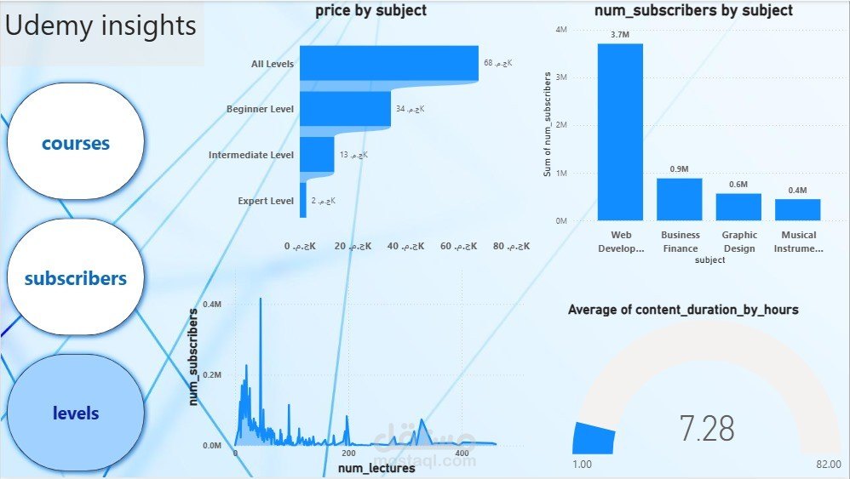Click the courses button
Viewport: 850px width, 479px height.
[76, 143]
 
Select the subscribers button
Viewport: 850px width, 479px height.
[76, 278]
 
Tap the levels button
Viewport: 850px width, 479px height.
[76, 413]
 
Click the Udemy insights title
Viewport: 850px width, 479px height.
[101, 26]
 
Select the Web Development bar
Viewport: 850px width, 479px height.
[620, 132]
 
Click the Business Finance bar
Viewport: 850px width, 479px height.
[679, 199]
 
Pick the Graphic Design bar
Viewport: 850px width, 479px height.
[738, 207]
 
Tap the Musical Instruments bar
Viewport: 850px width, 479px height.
[797, 209]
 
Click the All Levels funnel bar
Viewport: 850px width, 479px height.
[389, 63]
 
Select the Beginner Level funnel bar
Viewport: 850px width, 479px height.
[345, 109]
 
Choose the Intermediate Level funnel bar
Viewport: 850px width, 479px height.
[317, 155]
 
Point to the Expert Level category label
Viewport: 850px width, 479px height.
[266, 201]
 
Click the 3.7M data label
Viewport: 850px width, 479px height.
[619, 34]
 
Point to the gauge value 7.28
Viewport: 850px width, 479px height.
[707, 429]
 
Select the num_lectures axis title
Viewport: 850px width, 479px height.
[376, 468]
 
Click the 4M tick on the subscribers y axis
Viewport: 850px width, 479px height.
[561, 29]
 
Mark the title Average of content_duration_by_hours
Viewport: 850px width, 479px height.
[683, 310]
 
